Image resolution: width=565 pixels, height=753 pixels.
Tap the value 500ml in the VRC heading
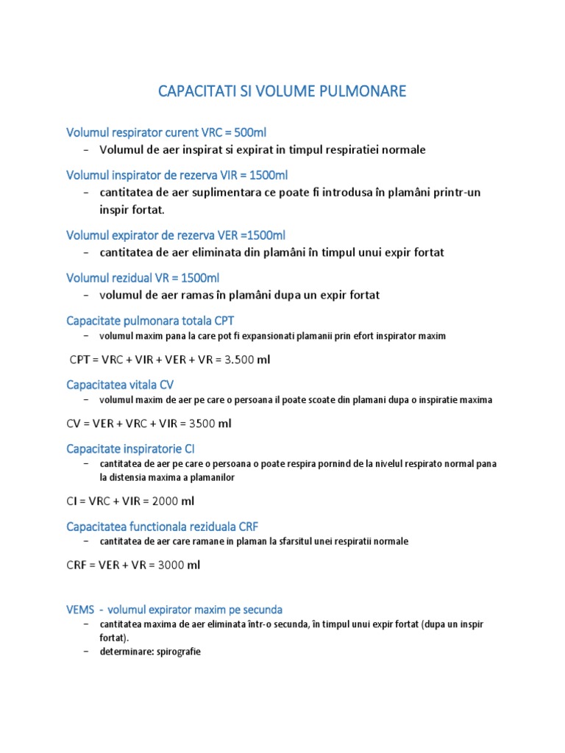click(x=250, y=133)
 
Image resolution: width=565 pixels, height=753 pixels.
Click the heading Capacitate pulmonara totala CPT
click(x=150, y=321)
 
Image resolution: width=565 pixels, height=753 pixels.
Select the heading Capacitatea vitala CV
click(x=120, y=385)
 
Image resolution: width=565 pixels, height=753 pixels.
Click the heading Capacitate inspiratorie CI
click(x=130, y=448)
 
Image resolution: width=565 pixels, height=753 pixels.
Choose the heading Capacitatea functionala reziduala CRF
click(x=162, y=526)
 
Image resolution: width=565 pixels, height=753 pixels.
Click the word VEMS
click(x=79, y=610)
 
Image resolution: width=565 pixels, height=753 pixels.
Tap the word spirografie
click(x=174, y=652)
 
